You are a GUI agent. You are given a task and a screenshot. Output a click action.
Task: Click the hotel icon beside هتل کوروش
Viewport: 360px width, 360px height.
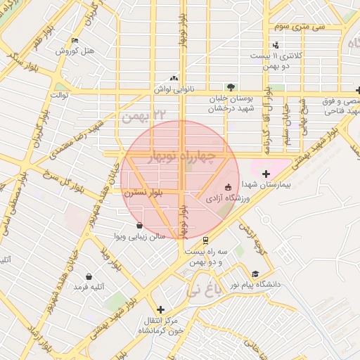click(75, 40)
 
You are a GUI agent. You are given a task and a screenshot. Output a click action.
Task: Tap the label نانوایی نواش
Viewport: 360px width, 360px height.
click(174, 90)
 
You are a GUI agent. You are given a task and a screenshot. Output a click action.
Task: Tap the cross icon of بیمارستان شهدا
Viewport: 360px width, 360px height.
click(265, 174)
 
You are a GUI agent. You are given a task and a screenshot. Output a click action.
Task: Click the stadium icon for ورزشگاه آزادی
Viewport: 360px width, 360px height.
click(227, 187)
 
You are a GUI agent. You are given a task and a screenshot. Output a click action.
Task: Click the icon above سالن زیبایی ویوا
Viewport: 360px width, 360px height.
click(139, 226)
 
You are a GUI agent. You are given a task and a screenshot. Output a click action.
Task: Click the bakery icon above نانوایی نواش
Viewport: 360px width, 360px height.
click(174, 79)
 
